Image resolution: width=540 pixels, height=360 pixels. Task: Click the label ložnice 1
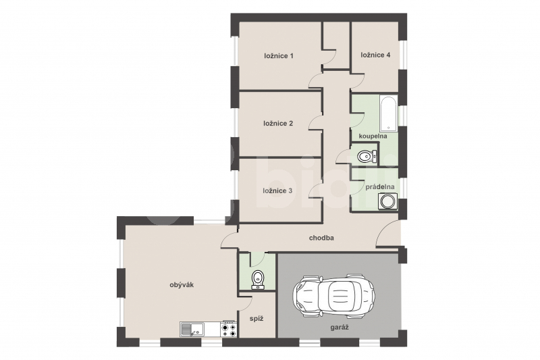pos(279,56)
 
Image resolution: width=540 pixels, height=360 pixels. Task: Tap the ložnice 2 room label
pos(278,124)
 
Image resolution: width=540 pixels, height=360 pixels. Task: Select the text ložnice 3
pos(277,191)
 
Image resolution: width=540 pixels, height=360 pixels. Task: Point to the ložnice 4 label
pos(375,55)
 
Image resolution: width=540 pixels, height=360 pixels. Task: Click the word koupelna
pos(373,136)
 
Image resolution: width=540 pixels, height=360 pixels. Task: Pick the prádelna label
pos(380,187)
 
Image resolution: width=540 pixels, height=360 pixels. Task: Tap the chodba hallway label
pos(321,238)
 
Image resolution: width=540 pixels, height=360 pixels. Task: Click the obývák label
pos(182,285)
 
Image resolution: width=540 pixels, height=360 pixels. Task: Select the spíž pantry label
pos(256,319)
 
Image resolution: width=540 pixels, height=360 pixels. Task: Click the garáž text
pos(340,328)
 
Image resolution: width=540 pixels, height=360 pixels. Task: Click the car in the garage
pos(333,296)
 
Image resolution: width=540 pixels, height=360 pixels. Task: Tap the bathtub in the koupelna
pos(389,113)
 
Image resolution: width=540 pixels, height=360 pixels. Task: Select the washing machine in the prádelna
pos(387,201)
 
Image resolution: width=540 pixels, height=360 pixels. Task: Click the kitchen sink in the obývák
pos(192,329)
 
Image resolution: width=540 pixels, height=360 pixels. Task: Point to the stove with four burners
pos(229,329)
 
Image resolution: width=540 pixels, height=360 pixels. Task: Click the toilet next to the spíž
pos(258,280)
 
